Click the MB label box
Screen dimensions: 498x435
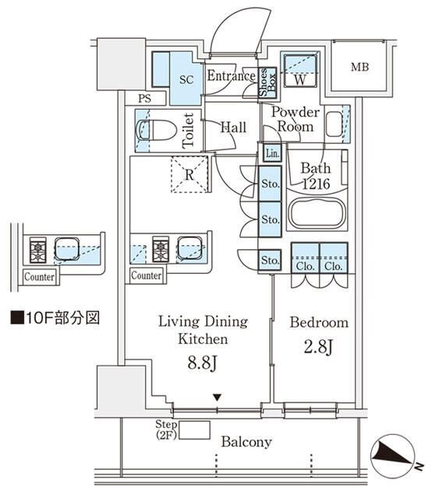[359, 68]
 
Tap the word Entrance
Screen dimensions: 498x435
[232, 76]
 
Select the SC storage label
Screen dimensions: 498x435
[187, 79]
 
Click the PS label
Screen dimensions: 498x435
[144, 99]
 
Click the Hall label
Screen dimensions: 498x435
[233, 128]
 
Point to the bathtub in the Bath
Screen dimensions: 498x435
[316, 214]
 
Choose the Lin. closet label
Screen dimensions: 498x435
[271, 153]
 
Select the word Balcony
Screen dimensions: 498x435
[246, 442]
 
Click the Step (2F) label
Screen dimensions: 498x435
[167, 430]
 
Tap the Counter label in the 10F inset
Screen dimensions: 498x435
[39, 276]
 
